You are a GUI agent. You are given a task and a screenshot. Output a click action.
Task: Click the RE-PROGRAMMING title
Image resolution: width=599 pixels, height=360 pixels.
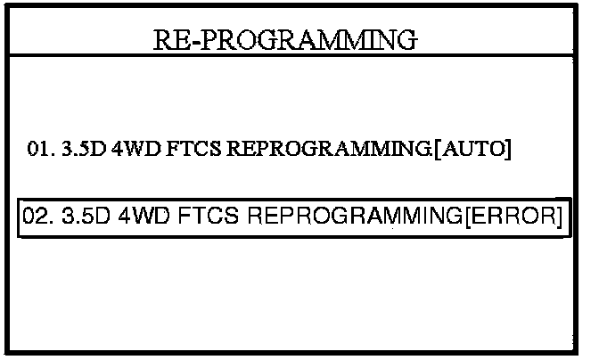(x=285, y=40)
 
